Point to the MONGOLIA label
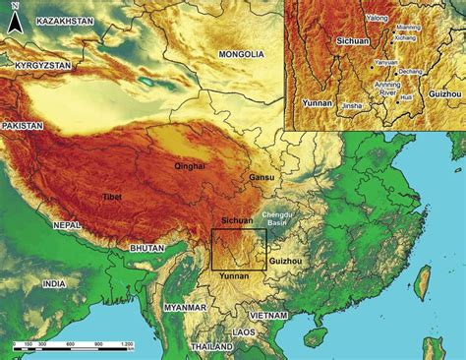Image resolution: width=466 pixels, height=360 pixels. click(240, 54)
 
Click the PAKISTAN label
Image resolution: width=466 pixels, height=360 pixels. click(24, 127)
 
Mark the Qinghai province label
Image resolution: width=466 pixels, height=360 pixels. click(190, 166)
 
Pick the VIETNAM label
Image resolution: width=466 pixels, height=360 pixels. click(267, 315)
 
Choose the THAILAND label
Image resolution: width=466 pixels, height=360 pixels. click(212, 347)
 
